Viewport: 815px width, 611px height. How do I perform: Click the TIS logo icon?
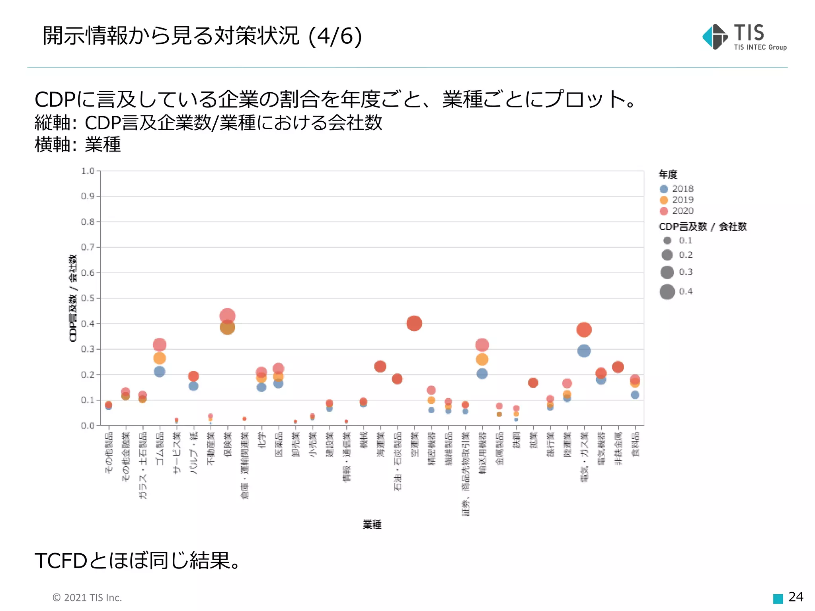[715, 37]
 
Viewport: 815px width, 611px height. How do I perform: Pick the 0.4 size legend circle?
[667, 292]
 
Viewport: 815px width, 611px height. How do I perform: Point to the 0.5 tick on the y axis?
[88, 298]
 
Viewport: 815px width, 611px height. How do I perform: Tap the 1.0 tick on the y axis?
[88, 171]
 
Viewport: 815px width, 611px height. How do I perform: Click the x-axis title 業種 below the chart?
[372, 524]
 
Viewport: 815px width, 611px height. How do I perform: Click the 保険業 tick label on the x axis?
[228, 444]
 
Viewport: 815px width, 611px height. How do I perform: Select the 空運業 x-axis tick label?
[414, 444]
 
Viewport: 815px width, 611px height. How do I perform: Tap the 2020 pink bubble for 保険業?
[227, 315]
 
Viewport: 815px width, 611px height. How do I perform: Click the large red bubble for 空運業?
[414, 323]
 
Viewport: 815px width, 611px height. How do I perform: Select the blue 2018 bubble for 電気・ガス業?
[584, 351]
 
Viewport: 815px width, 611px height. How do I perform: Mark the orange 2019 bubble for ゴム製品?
[159, 358]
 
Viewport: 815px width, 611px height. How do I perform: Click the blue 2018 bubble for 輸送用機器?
[482, 374]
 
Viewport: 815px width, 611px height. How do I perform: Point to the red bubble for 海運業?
[380, 366]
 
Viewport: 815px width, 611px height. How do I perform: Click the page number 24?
[796, 597]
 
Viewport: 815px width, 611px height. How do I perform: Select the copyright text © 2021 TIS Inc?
[87, 597]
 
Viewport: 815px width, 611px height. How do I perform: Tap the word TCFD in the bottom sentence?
[60, 560]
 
